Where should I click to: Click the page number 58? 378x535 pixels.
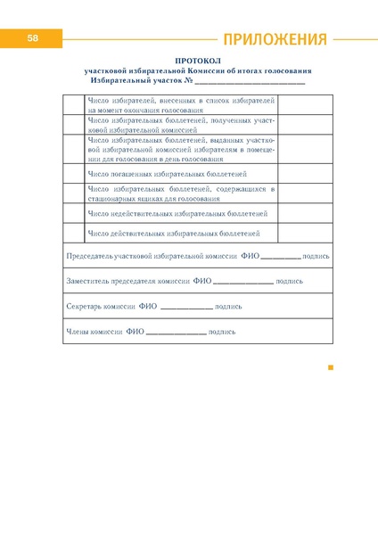[32, 38]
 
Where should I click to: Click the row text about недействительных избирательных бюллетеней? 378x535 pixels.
[177, 214]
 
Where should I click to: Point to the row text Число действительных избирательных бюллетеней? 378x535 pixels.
[174, 234]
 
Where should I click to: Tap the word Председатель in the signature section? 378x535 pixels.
[93, 256]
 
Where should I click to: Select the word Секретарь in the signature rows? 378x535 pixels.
[85, 306]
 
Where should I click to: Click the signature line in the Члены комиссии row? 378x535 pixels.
[175, 333]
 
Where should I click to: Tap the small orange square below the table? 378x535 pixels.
[330, 366]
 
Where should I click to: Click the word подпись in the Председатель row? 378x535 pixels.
[316, 256]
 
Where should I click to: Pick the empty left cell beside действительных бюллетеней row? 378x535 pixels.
[74, 234]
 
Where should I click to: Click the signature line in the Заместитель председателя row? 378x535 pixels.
[243, 282]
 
